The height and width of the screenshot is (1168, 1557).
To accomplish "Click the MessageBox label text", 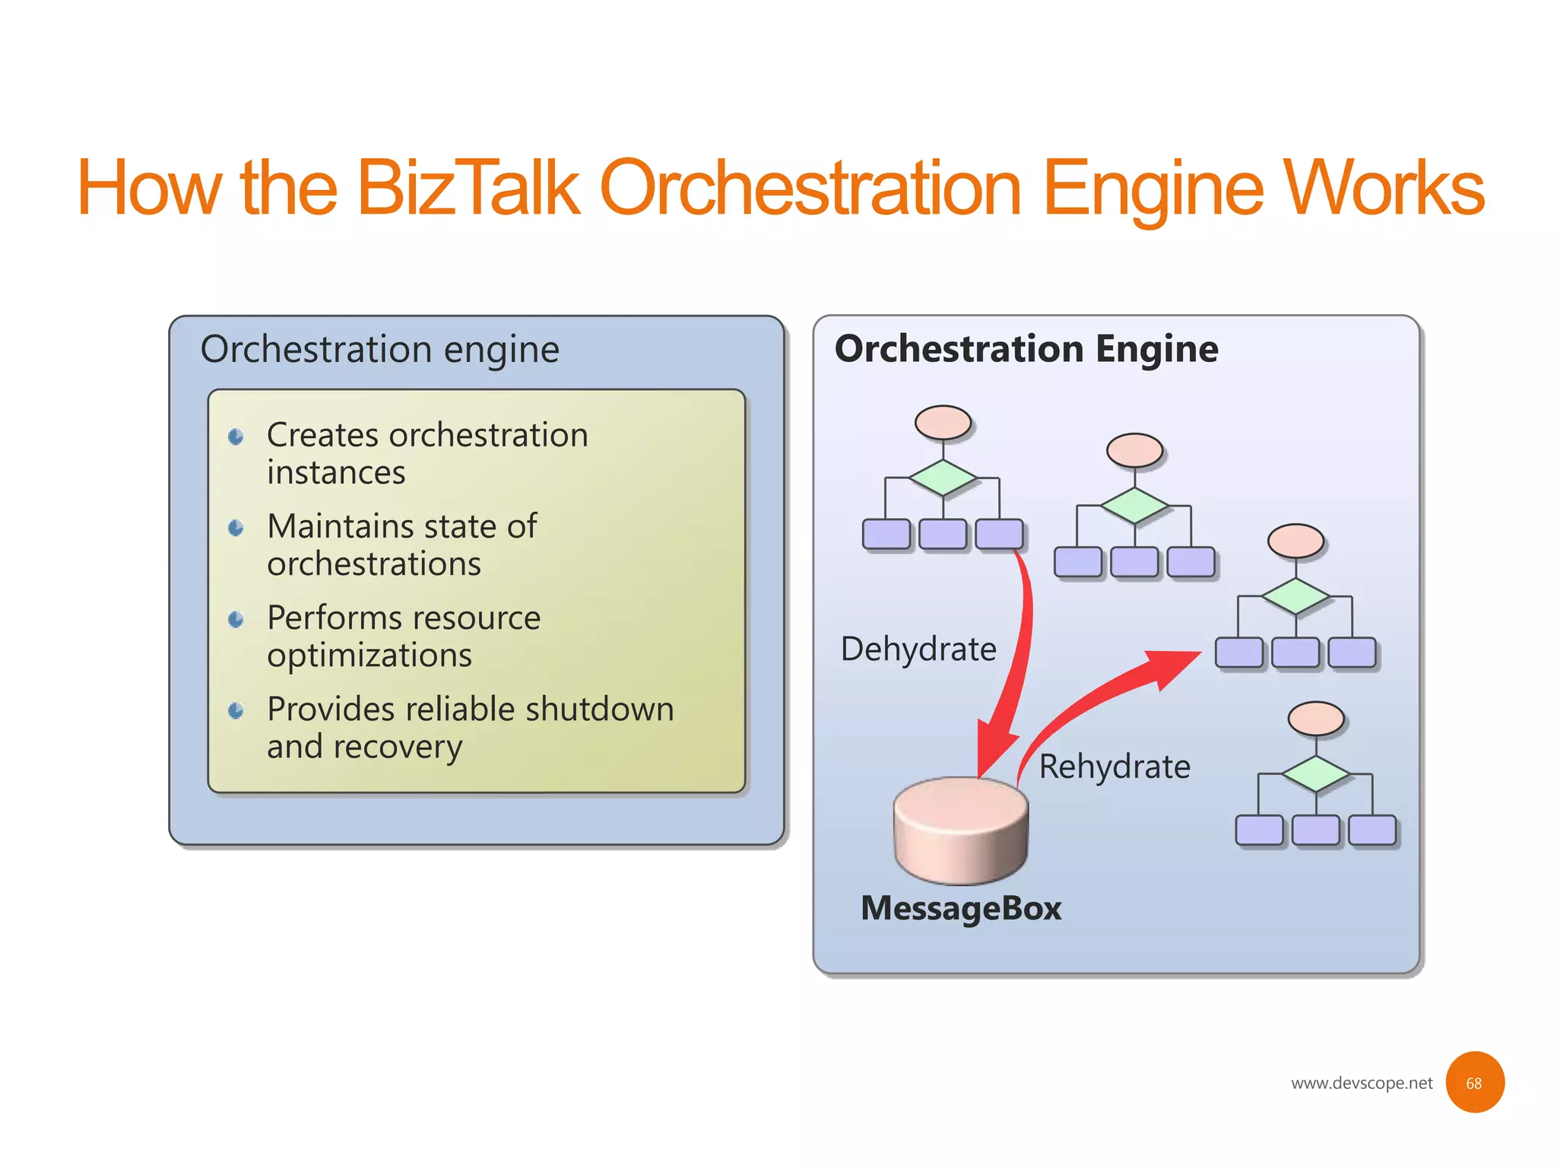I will pos(961,909).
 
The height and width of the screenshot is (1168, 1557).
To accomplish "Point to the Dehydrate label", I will pos(918,649).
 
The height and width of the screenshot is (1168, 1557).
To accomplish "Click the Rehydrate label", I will pos(1115,766).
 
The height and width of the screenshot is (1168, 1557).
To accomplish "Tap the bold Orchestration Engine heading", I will pos(1026,349).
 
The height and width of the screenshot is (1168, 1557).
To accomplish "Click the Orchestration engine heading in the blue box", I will pos(379,350).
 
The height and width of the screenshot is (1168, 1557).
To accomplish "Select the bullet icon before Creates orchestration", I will pos(236,436).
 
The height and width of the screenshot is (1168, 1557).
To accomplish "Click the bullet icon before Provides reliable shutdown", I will pos(236,711).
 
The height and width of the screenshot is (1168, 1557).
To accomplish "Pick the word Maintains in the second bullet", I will pos(341,526).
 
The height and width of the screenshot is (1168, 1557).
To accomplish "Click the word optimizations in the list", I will pos(369,655).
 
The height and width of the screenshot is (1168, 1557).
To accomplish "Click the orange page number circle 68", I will pos(1474,1083).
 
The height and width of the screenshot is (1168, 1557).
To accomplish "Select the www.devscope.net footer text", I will pos(1362,1083).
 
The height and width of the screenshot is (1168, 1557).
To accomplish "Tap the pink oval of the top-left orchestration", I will pos(943,422).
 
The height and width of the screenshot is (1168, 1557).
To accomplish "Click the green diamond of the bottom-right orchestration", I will pos(1316,774).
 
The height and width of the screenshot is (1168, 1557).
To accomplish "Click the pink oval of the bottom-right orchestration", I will pos(1316,719).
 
